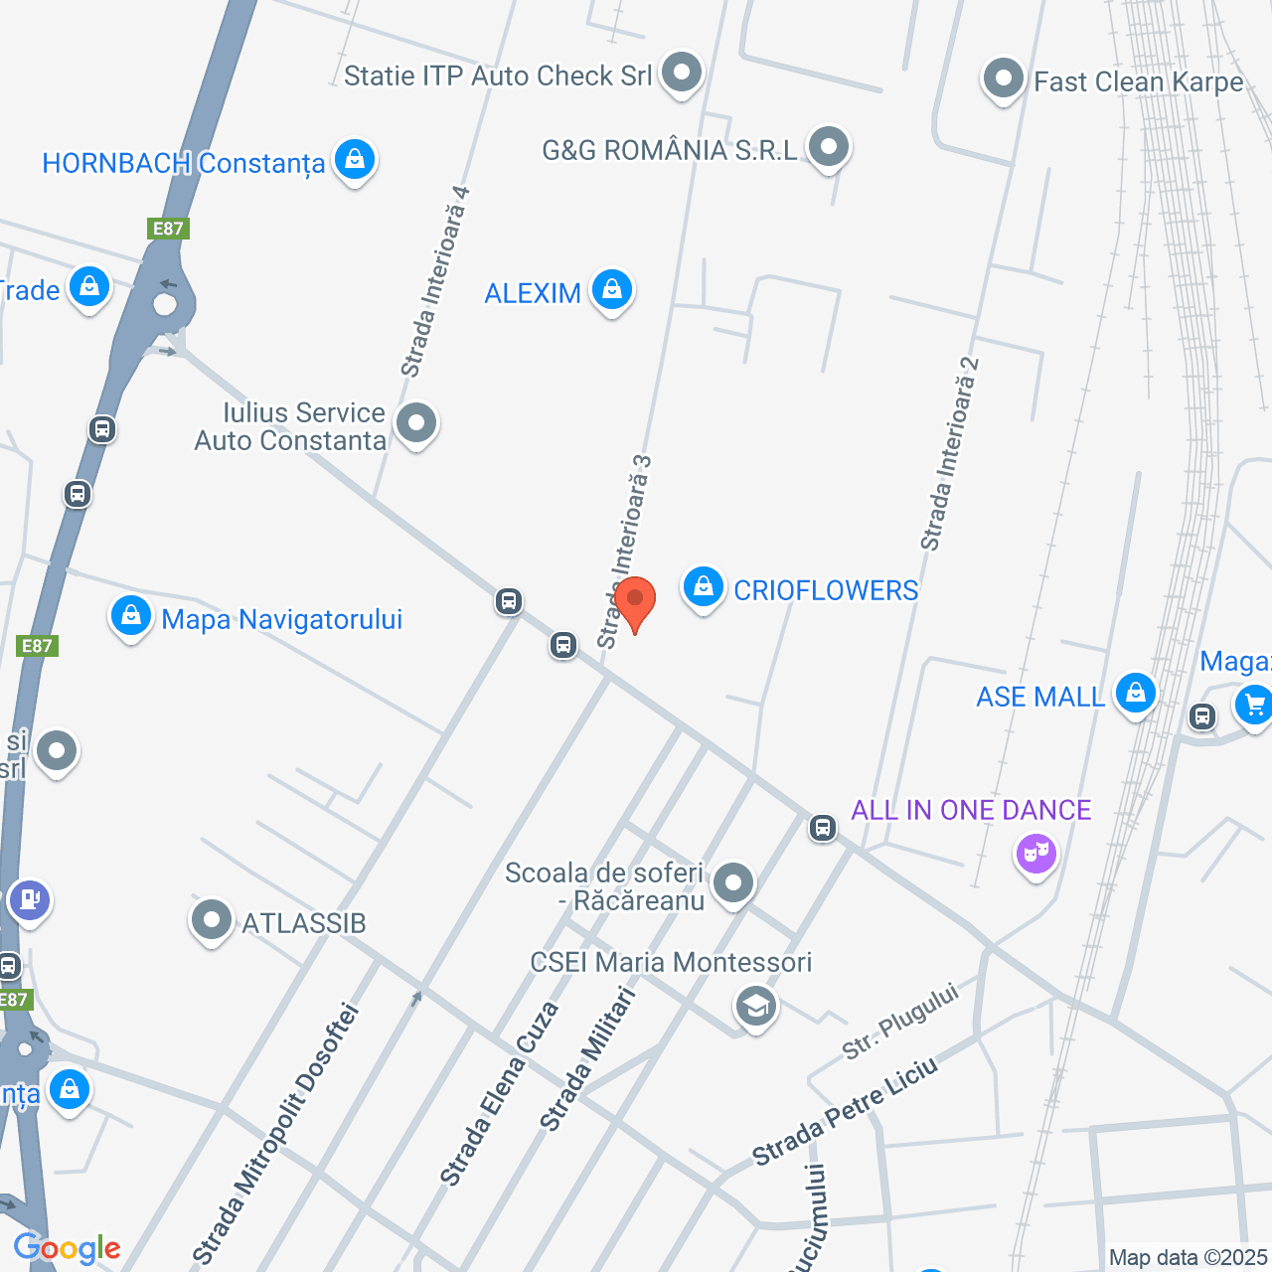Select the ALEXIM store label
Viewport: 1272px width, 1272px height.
point(533,293)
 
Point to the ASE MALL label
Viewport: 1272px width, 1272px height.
point(1040,697)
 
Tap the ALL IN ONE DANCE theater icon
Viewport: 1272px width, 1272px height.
point(1035,853)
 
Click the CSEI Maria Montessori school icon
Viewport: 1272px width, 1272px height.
point(756,1006)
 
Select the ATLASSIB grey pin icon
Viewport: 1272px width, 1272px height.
point(212,920)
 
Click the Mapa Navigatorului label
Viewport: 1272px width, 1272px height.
point(282,619)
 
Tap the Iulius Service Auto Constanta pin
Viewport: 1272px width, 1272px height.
point(416,423)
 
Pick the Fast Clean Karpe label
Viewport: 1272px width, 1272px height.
point(1139,81)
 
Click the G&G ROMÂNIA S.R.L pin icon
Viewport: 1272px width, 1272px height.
point(828,147)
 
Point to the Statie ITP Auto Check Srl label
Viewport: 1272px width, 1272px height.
point(498,76)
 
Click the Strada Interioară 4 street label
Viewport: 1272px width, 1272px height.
point(434,282)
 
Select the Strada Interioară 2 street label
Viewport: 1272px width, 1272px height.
point(950,453)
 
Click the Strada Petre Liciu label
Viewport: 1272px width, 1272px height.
point(844,1110)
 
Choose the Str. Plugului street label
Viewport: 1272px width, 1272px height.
point(900,1020)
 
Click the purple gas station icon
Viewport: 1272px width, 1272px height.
point(29,899)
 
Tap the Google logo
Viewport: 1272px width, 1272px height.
point(67,1248)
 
